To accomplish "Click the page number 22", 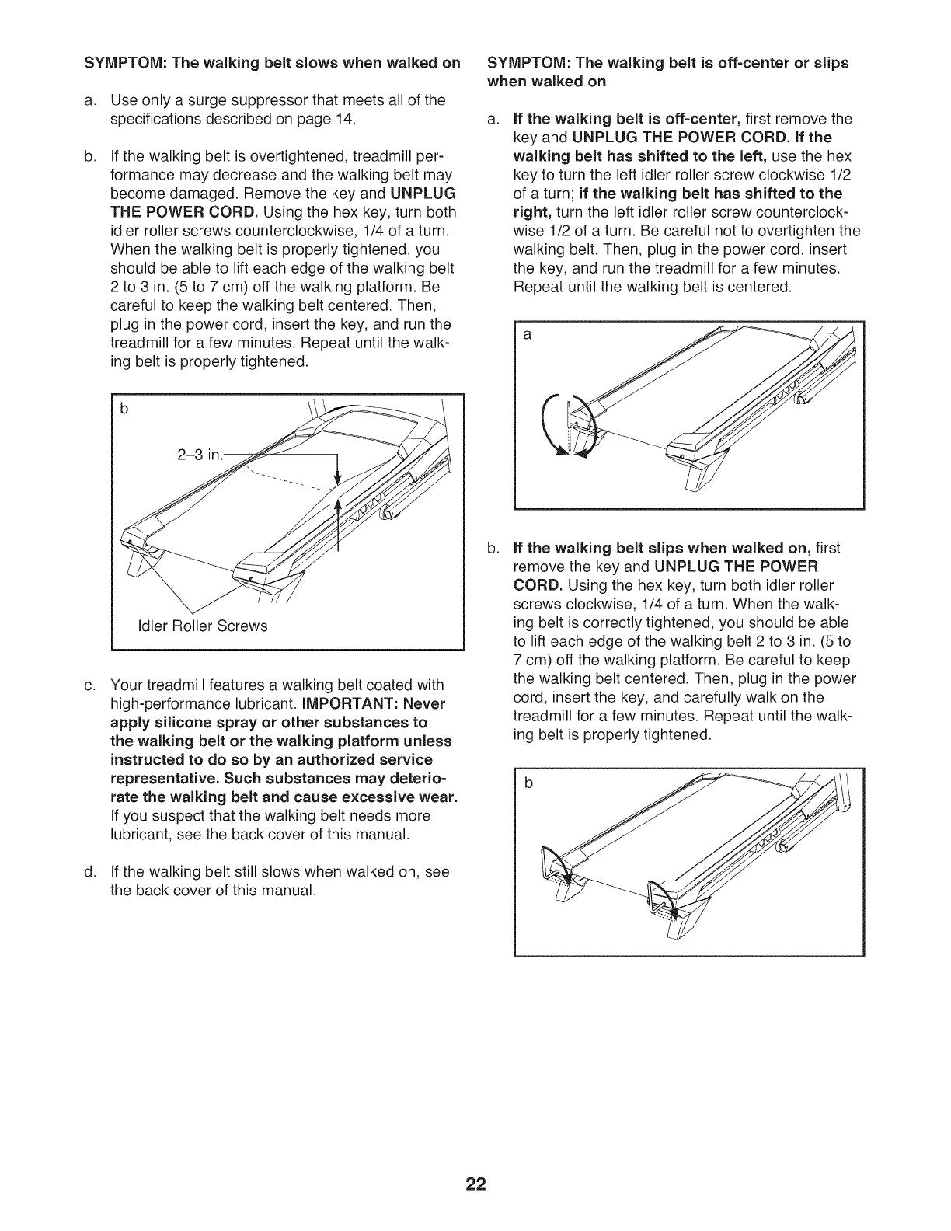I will tap(475, 1141).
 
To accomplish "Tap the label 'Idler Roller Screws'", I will tap(201, 626).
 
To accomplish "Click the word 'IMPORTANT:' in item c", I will tap(336, 704).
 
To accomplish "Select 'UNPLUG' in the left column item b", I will tap(423, 194).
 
